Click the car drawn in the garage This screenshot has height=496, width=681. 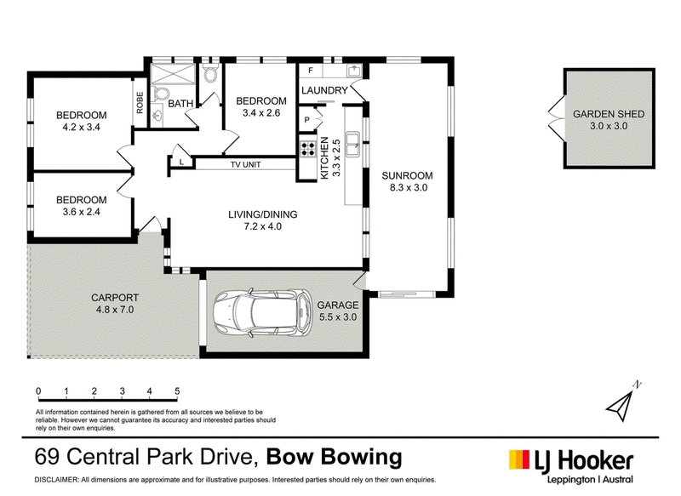(x=263, y=311)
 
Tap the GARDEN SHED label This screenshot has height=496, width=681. (x=608, y=114)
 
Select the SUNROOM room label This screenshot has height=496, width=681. (x=407, y=176)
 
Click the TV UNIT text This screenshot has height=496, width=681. (x=245, y=164)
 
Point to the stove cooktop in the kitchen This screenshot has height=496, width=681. (x=307, y=149)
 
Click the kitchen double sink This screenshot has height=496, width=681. (x=352, y=144)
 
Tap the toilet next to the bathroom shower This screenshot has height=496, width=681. (x=161, y=94)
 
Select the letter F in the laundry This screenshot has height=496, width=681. (x=311, y=71)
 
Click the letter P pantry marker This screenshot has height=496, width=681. (x=307, y=120)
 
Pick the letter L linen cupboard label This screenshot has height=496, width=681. (x=181, y=162)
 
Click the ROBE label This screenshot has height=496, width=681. (x=140, y=102)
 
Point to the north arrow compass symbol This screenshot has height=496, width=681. (x=623, y=402)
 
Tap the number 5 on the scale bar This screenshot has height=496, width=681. (x=177, y=391)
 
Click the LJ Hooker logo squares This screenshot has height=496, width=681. (x=519, y=459)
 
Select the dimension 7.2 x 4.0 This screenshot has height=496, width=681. (x=262, y=226)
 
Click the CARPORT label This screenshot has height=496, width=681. (x=115, y=298)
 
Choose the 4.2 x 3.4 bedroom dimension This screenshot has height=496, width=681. (x=81, y=127)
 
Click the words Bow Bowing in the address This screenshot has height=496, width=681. (x=334, y=457)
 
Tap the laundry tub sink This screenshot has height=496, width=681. (x=354, y=71)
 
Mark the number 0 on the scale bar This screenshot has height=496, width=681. (x=38, y=391)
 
